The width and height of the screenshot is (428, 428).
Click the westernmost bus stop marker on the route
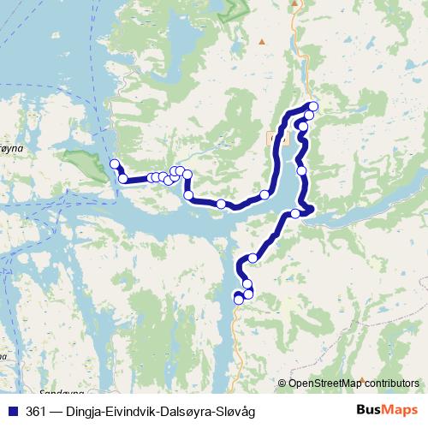tap(114, 163)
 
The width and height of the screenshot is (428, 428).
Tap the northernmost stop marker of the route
tap(313, 106)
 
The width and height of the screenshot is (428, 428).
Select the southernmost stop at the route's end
tap(239, 300)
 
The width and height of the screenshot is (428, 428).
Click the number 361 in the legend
tap(37, 412)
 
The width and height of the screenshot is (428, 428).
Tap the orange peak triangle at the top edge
tap(294, 3)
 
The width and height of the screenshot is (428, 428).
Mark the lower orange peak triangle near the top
tap(261, 41)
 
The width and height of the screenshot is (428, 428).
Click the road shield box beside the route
tap(274, 137)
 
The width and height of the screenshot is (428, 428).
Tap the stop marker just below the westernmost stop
tap(123, 179)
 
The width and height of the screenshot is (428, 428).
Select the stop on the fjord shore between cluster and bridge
tap(222, 204)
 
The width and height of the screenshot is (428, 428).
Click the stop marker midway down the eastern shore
tap(301, 171)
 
